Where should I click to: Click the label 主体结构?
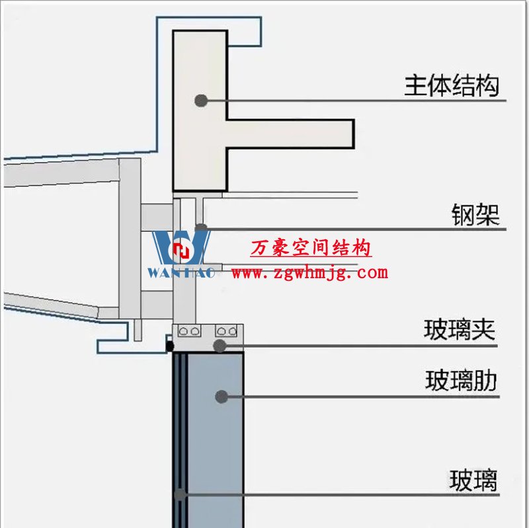pos(452,85)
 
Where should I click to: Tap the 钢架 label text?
pos(475,215)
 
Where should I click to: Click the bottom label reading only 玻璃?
pos(473,480)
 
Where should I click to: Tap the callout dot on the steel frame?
pos(201,229)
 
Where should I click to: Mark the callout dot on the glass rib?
pos(222,396)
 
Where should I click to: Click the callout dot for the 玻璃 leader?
pos(179,494)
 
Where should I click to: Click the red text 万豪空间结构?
pos(311,248)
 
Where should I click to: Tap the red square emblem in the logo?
pos(181,250)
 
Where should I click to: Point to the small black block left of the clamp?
pos(169,345)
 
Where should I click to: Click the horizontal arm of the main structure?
pos(291,133)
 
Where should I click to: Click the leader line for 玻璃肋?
pos(364,396)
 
